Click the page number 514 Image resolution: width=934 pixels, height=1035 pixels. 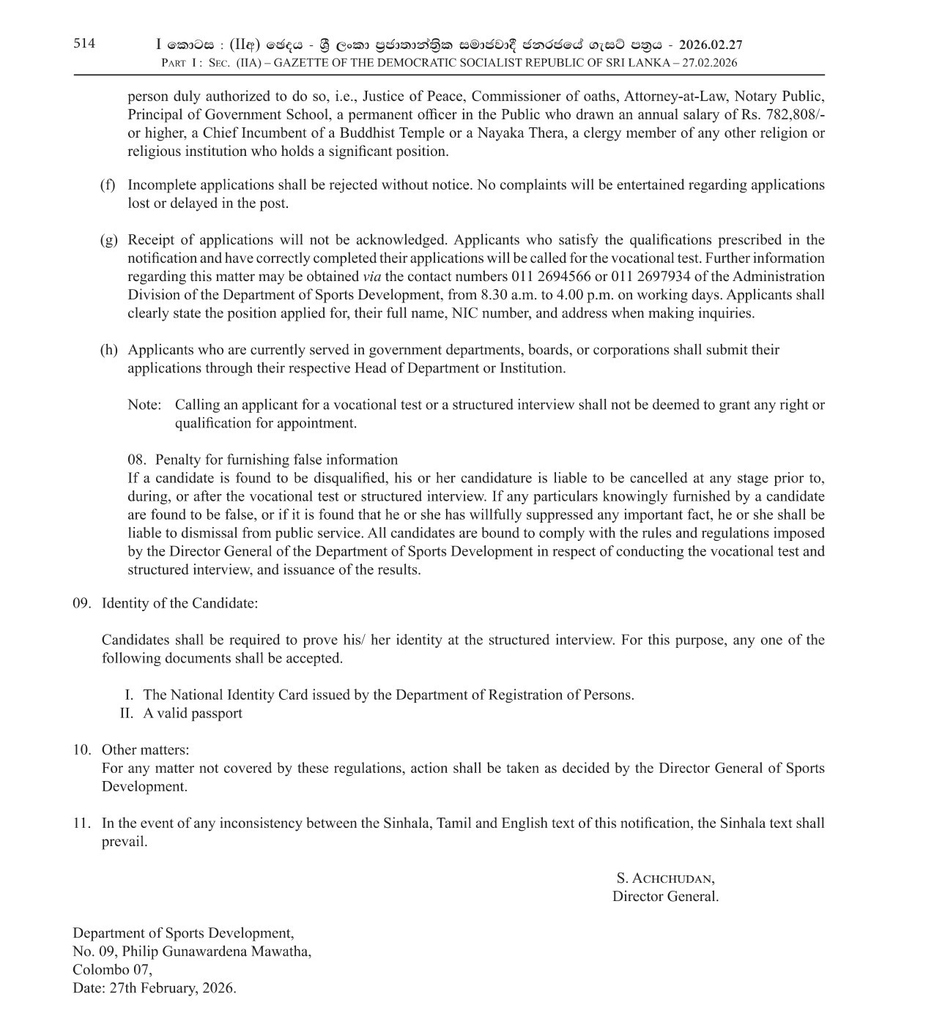84,43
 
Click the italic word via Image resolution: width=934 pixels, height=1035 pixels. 371,277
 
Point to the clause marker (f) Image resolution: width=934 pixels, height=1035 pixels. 108,185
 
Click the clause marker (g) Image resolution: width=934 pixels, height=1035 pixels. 108,240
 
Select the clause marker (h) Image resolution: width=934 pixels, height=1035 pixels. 108,350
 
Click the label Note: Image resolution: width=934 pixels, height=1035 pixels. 144,405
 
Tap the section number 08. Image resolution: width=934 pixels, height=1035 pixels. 136,460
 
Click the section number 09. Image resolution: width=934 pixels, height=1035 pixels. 81,603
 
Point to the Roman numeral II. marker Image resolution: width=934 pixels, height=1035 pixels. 127,713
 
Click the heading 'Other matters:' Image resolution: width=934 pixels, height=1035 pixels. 145,750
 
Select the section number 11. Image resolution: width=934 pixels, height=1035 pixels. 81,823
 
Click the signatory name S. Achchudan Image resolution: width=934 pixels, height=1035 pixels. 665,878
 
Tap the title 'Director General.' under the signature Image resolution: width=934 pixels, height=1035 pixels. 665,896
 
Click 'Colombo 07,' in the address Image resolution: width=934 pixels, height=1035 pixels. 112,969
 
